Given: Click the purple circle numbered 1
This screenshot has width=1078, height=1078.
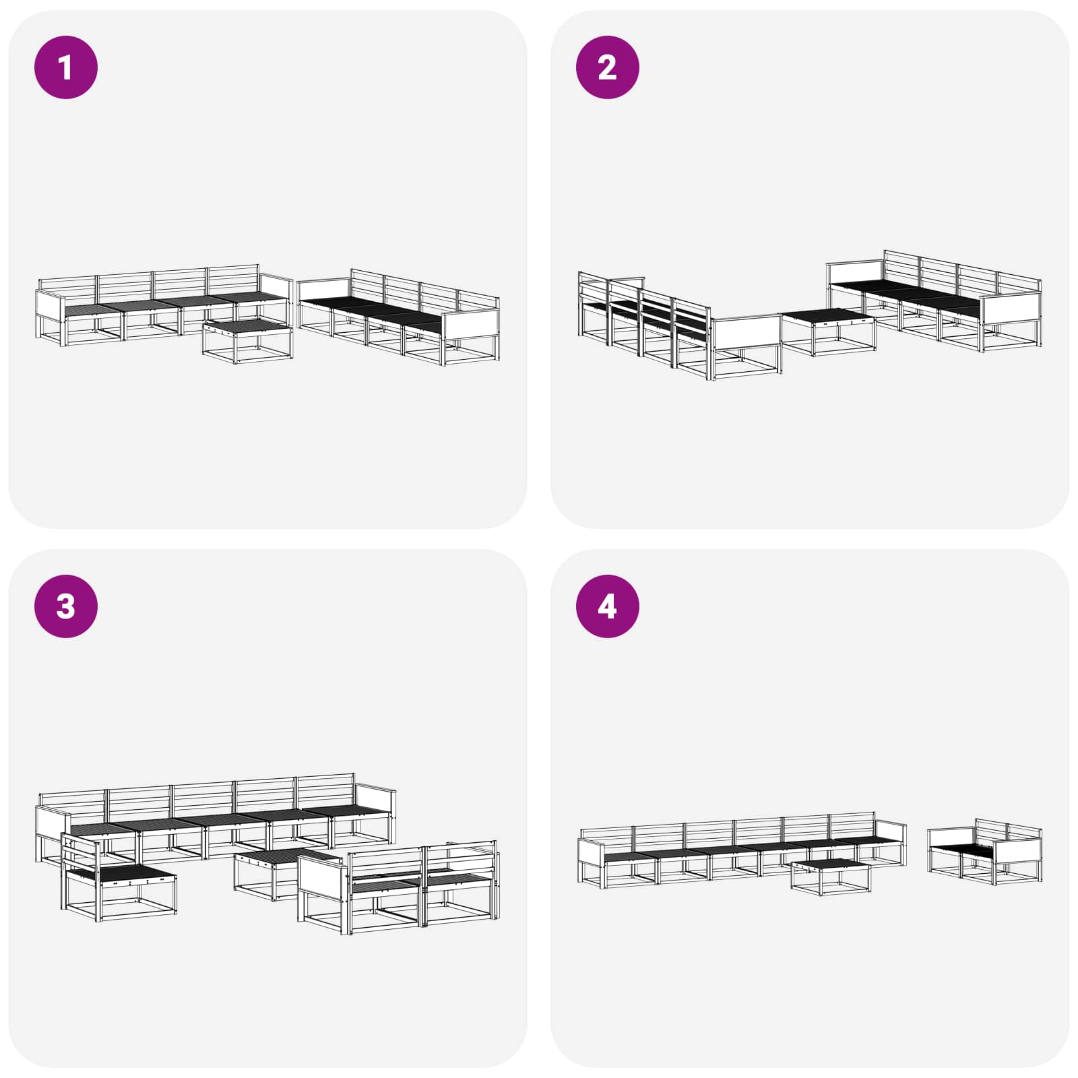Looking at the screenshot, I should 66,67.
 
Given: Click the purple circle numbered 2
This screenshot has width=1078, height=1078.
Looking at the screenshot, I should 607,67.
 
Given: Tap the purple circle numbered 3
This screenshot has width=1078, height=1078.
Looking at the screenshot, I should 66,606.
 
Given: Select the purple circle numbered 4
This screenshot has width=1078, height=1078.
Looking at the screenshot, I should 607,606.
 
